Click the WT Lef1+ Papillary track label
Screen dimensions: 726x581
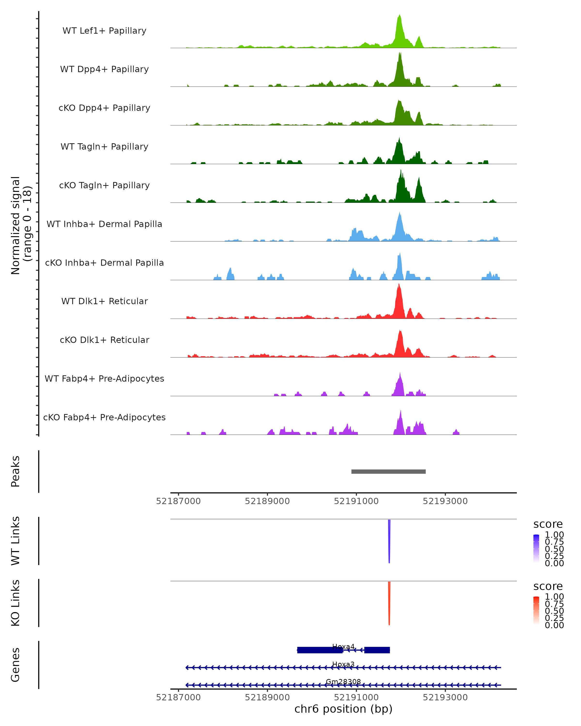(104, 31)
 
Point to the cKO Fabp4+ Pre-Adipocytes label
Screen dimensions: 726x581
(104, 417)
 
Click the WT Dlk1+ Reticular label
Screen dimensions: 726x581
(104, 301)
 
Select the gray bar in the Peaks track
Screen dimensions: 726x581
(388, 471)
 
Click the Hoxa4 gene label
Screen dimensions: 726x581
(343, 647)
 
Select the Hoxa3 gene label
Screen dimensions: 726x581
(343, 664)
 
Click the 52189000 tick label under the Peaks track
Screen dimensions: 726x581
(268, 501)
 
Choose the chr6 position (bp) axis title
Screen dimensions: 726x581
(343, 709)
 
